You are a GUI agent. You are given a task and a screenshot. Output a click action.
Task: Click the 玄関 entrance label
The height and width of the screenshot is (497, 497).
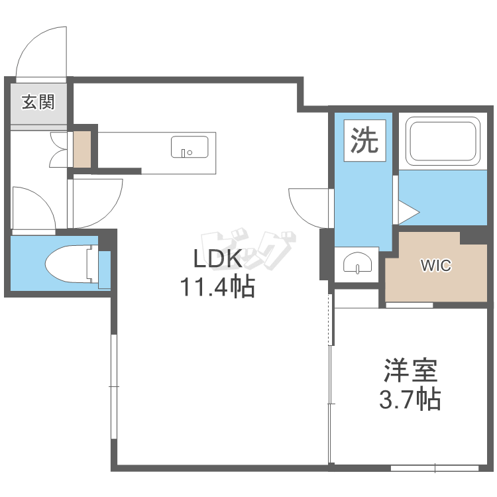point(38,102)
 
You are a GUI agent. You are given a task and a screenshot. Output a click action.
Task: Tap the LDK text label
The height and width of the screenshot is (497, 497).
point(218,258)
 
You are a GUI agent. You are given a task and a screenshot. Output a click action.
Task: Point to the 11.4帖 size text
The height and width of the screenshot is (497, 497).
point(218,286)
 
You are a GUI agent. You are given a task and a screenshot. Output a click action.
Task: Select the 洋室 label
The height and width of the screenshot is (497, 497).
point(411,370)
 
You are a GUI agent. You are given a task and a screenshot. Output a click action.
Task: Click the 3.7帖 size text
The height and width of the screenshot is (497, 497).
point(410,399)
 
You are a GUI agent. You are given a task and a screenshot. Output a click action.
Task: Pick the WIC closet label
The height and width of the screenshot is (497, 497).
point(436,265)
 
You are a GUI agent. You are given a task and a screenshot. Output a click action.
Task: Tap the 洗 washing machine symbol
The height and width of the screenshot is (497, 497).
point(365,140)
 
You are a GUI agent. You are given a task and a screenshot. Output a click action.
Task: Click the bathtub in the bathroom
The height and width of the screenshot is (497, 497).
point(443,141)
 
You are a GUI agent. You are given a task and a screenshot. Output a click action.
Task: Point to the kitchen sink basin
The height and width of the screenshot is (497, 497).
point(190,146)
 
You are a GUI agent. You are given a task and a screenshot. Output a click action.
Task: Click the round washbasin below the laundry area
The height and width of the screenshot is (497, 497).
point(358,263)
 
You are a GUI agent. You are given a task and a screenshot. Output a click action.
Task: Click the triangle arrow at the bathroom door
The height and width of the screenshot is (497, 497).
point(410,212)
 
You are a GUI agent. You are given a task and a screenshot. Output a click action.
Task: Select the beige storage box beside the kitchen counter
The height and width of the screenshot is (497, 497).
point(82,149)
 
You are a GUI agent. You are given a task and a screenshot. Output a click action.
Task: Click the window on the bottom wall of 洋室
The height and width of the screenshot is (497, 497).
point(435,468)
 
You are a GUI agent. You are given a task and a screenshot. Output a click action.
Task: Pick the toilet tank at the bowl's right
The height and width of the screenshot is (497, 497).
point(104,270)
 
